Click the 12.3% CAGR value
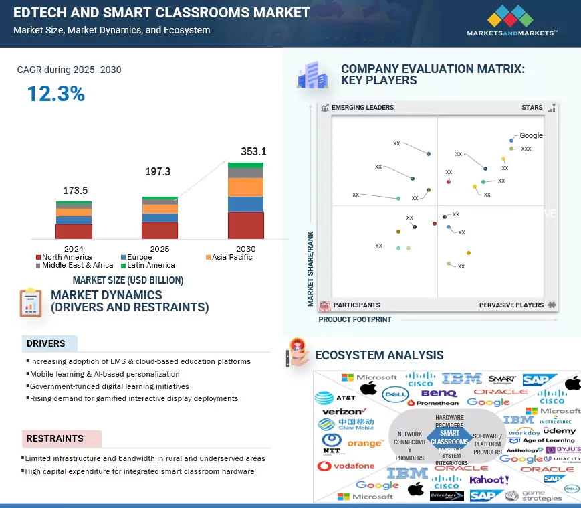[x=55, y=94]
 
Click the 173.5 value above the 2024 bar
[x=76, y=191]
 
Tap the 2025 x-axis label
[x=159, y=248]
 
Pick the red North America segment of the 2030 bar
[x=245, y=226]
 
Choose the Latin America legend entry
[x=146, y=265]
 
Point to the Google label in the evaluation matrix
[x=531, y=135]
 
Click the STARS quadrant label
[x=532, y=108]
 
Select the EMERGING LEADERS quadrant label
[x=362, y=108]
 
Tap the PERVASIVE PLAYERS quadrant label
[x=511, y=305]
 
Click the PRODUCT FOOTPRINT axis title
[x=355, y=320]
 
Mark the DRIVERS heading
[x=45, y=344]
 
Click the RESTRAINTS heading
[x=55, y=439]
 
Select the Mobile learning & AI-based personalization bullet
[x=104, y=374]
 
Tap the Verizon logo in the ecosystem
[x=343, y=411]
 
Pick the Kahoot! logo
[x=489, y=480]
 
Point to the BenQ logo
[x=439, y=394]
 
